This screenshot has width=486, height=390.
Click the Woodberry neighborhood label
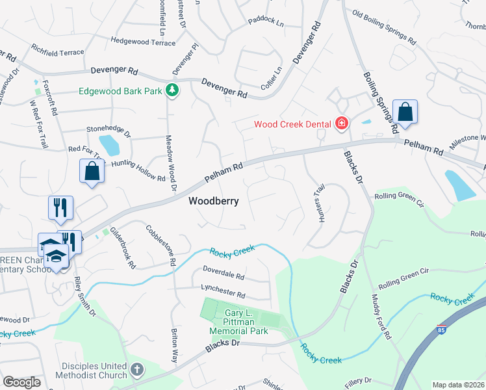[x=213, y=201]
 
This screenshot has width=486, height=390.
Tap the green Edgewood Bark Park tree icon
[x=172, y=90]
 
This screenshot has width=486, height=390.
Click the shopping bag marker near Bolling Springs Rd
[x=405, y=112]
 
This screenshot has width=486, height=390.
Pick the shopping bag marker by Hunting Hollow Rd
[x=92, y=172]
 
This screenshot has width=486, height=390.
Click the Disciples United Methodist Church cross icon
[x=136, y=370]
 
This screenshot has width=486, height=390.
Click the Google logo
[x=22, y=382]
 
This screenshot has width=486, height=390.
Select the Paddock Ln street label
[x=266, y=23]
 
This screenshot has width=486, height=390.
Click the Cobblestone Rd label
[x=162, y=245]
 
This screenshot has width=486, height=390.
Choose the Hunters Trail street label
[x=320, y=209]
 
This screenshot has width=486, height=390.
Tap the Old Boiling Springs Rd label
[x=383, y=26]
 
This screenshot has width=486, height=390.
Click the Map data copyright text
[x=458, y=385]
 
